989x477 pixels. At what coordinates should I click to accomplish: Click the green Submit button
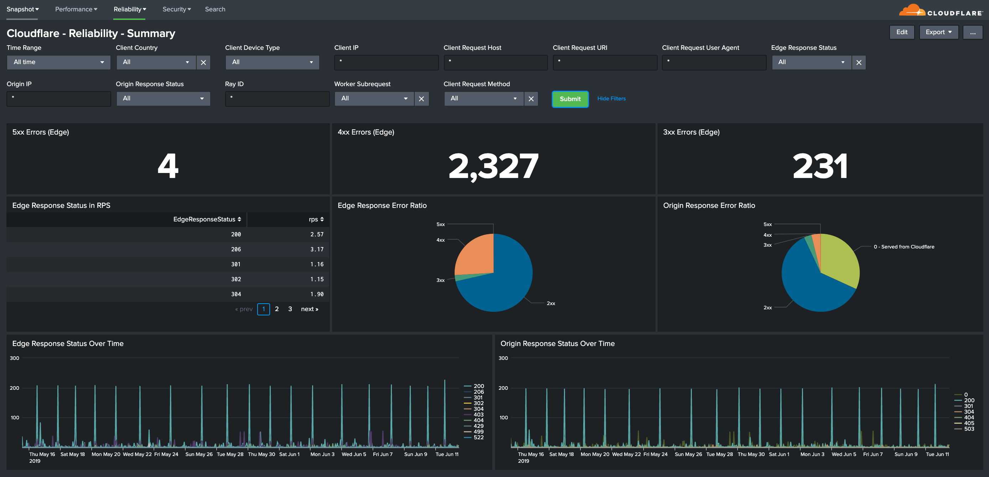click(x=570, y=99)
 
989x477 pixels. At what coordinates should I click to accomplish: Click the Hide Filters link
click(x=611, y=99)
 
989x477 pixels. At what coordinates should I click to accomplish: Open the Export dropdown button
click(x=938, y=32)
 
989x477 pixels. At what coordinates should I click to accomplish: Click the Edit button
click(x=901, y=32)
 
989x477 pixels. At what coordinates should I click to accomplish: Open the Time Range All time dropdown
click(x=58, y=62)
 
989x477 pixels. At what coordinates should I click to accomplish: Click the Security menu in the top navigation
click(x=176, y=9)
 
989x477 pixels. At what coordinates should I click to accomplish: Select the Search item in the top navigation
click(x=215, y=9)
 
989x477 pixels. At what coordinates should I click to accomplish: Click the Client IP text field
click(x=386, y=62)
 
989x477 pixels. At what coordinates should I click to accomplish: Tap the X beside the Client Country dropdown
click(x=203, y=62)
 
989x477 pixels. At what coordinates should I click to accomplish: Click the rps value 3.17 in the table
click(x=317, y=250)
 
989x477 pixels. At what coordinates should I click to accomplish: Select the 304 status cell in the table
click(x=236, y=294)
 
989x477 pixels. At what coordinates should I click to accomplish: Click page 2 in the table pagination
click(x=276, y=309)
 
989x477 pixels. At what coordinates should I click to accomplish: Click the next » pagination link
click(x=310, y=309)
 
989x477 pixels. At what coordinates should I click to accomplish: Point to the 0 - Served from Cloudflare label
click(x=903, y=247)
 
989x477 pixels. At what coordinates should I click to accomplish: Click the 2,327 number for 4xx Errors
click(x=493, y=166)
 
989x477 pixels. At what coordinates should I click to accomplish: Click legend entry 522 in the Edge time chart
click(x=478, y=437)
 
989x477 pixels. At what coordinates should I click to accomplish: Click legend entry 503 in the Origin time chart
click(x=968, y=429)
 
